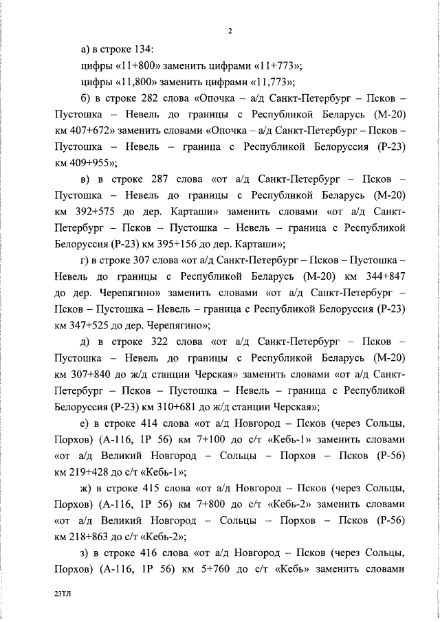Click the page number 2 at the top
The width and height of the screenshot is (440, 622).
[x=230, y=30]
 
